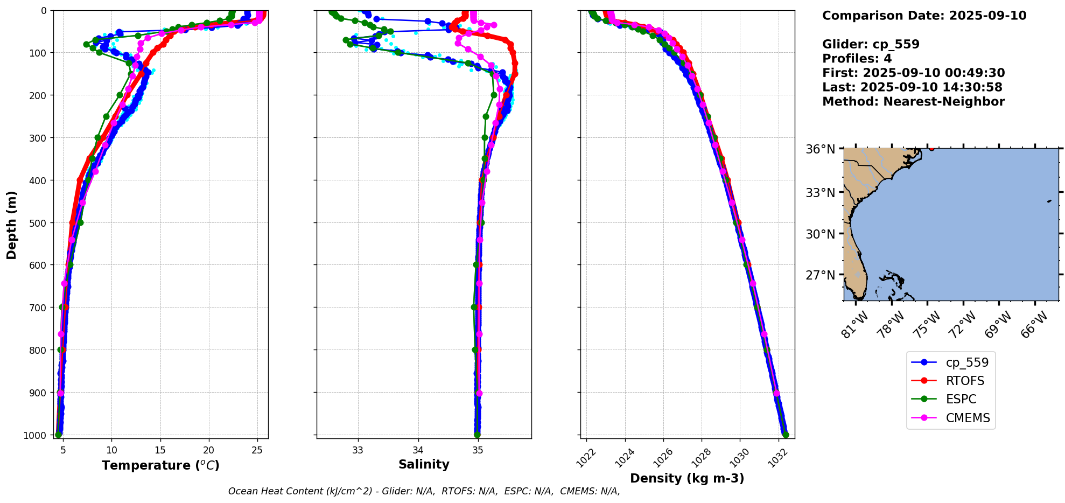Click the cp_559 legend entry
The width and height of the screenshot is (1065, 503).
coord(966,362)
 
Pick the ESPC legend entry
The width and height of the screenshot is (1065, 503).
coord(961,399)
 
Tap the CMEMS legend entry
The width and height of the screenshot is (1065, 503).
coord(968,418)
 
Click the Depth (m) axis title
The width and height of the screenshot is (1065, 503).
coord(11,225)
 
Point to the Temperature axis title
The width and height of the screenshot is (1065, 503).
coord(160,465)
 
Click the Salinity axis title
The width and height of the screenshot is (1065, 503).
coord(424,464)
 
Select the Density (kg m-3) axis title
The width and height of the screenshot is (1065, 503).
coord(687,478)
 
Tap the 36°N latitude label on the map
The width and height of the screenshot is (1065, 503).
coord(820,149)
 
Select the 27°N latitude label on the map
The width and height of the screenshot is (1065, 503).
coord(820,275)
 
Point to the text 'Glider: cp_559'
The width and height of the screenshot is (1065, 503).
coord(871,44)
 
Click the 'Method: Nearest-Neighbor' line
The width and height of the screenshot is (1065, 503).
coord(913,101)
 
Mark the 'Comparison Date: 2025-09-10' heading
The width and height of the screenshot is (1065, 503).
coord(924,16)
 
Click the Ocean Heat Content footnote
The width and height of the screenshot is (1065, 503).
coord(424,491)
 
